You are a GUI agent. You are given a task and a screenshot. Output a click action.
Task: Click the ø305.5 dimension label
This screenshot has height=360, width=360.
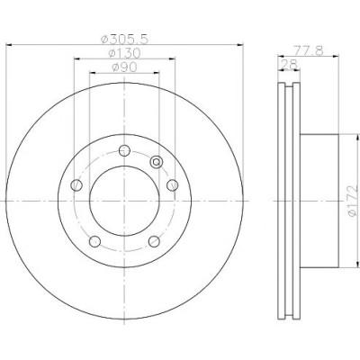(124, 39)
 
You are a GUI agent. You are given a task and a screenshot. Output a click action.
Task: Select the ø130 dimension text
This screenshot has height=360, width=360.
(124, 53)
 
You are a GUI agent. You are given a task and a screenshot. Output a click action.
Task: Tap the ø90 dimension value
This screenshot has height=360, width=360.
(124, 67)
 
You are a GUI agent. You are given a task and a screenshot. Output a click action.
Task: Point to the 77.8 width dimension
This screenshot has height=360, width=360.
(308, 50)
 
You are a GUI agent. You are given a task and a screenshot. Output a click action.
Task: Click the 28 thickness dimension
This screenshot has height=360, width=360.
(289, 64)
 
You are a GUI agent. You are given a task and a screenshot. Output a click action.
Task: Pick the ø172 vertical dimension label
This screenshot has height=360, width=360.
(353, 201)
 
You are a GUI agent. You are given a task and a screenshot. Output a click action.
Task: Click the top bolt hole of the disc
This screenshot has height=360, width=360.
(124, 150)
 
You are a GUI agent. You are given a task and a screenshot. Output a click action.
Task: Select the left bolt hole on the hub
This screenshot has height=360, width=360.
(76, 185)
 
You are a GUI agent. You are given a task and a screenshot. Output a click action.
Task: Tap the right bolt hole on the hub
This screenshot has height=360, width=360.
(173, 185)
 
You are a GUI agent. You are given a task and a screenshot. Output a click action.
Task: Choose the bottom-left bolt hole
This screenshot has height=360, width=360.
(94, 241)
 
